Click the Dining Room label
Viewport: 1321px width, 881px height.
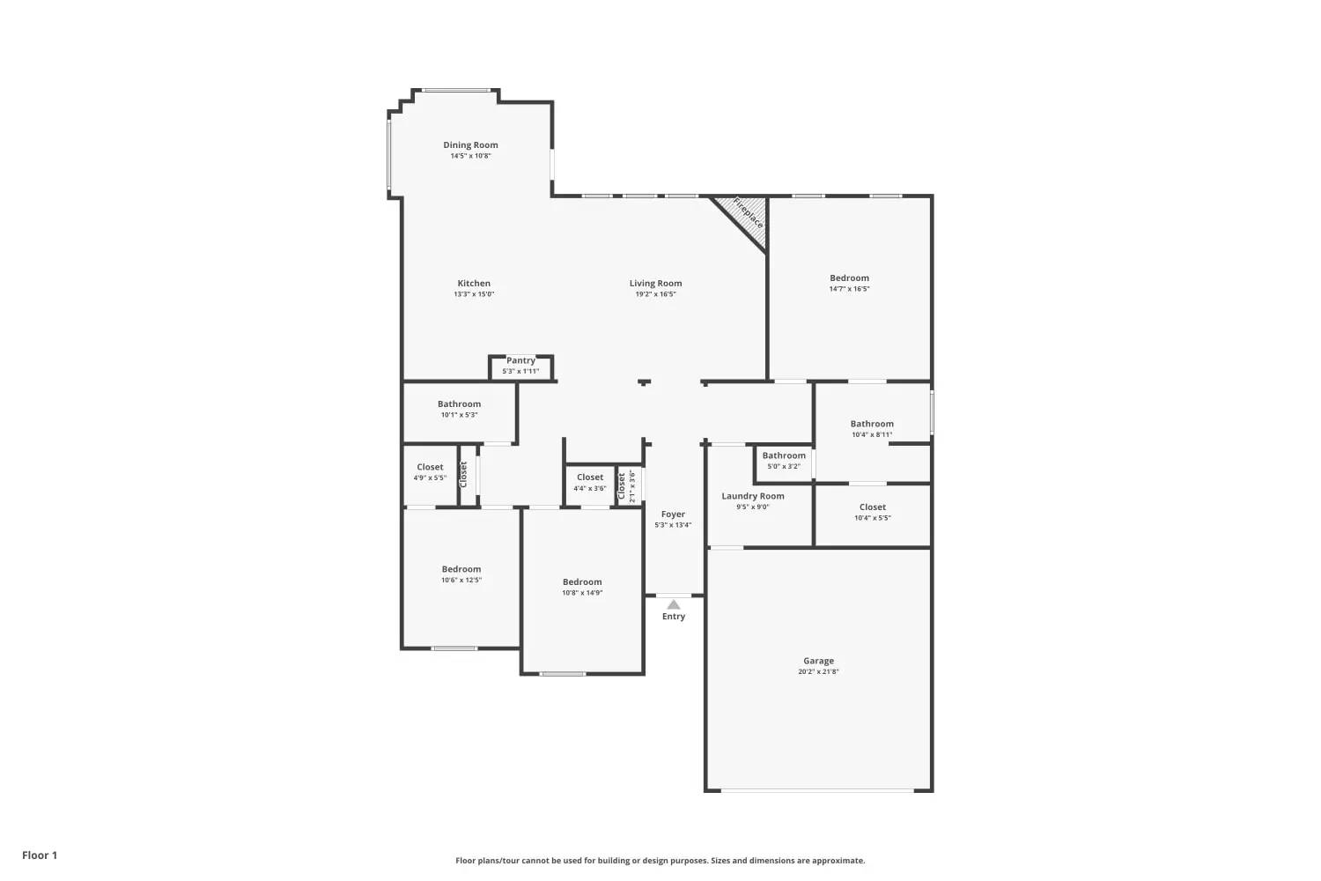pos(470,145)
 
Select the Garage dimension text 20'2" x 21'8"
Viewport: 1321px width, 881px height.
pos(818,671)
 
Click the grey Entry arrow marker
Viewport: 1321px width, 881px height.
pos(674,605)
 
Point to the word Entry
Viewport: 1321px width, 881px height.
pos(674,617)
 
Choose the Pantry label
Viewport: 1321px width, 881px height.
pos(520,360)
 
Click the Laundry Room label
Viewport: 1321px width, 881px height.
pos(753,496)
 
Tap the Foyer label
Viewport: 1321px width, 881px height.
pos(673,515)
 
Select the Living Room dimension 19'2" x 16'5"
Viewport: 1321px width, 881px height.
pos(655,294)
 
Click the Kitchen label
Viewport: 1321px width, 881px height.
pos(474,284)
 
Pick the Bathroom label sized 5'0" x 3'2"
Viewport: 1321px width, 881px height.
pos(784,455)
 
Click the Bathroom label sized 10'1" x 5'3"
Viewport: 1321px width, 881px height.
pos(459,404)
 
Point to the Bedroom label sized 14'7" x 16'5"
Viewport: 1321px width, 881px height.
pos(849,278)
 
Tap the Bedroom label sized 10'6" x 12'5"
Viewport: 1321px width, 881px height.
pos(461,569)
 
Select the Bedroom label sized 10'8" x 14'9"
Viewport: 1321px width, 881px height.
pos(582,582)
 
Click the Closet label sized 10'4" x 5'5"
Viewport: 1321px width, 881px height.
pos(872,507)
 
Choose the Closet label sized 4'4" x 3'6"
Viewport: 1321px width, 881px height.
pos(590,478)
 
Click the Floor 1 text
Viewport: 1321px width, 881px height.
pos(40,855)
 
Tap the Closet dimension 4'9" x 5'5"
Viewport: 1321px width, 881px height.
pos(430,478)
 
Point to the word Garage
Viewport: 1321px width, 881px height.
pos(818,661)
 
